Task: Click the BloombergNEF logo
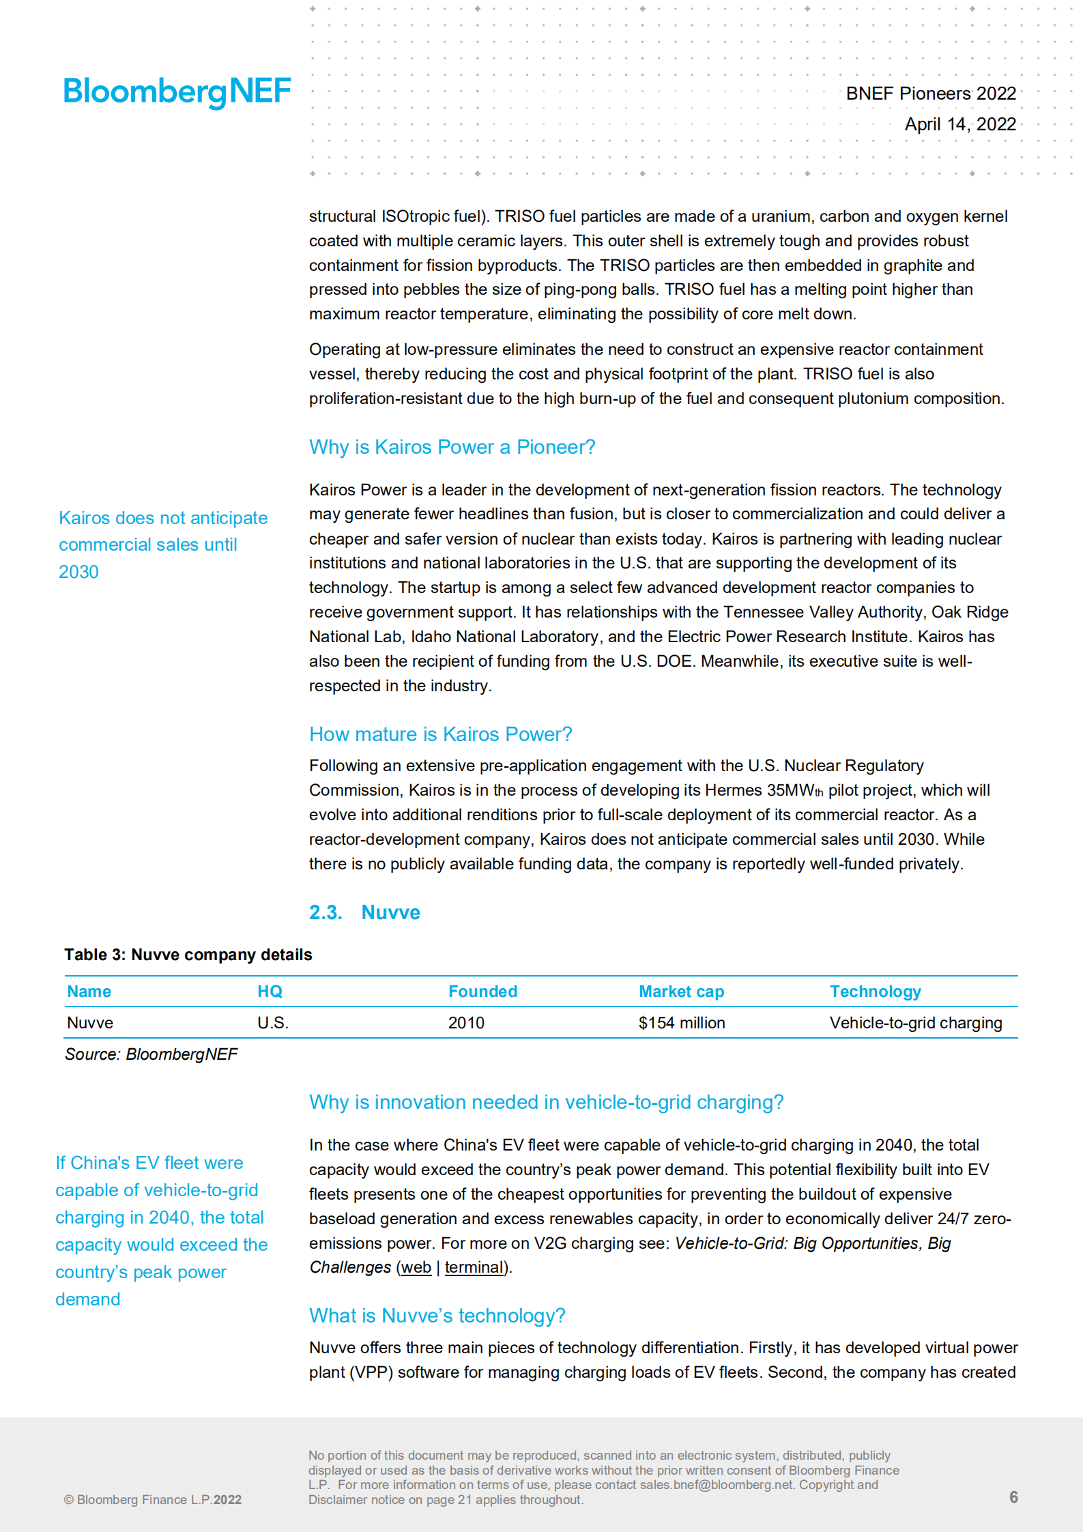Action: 177,91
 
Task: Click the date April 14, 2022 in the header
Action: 959,124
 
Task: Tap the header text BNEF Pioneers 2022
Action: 930,93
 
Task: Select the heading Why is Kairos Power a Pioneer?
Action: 452,447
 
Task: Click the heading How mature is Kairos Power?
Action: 440,734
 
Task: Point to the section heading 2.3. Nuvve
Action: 364,912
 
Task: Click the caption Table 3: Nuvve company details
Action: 188,955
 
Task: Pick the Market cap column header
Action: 681,992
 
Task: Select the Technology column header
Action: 875,992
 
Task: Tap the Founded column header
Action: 482,992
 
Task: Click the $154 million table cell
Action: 681,1023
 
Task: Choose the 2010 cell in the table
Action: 466,1023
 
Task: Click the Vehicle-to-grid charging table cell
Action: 915,1023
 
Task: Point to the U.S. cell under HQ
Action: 273,1023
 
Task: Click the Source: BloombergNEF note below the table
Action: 151,1054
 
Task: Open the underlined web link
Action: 416,1267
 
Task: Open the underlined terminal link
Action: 474,1267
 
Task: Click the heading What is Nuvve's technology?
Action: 437,1316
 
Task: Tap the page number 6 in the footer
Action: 1013,1497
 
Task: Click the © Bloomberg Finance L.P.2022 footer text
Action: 153,1500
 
